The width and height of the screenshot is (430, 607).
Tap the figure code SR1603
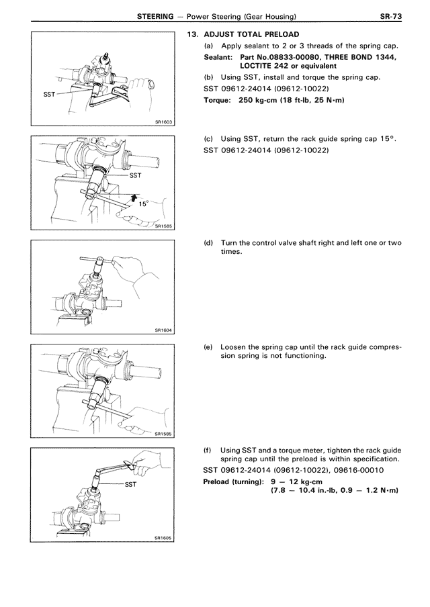163,122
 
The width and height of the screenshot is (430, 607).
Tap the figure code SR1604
163,330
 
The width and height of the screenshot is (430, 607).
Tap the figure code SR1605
163,538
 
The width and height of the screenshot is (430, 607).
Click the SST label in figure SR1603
48,94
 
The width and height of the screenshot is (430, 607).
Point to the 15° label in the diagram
144,205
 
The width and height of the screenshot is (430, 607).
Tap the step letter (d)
208,243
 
